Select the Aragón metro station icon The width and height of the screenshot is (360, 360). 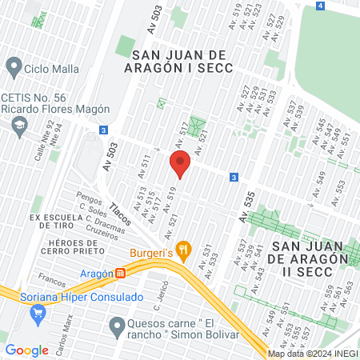121,273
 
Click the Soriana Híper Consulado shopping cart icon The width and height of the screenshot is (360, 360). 36,314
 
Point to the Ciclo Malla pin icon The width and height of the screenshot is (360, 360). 13,65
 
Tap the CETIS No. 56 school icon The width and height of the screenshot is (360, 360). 19,124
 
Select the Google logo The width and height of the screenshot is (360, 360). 26,350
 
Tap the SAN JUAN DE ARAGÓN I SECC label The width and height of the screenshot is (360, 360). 182,61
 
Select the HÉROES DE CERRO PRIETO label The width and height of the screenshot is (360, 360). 79,248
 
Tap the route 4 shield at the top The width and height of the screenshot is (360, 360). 320,6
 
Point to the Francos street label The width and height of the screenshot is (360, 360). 51,282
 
